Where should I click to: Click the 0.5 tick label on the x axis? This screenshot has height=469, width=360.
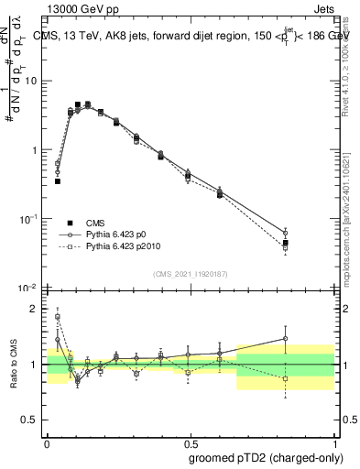tap(190, 440)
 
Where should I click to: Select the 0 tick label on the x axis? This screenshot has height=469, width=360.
tap(47, 440)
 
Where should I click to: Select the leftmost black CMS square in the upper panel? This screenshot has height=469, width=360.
tap(58, 181)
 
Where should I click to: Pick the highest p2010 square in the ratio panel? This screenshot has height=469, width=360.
tap(58, 317)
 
